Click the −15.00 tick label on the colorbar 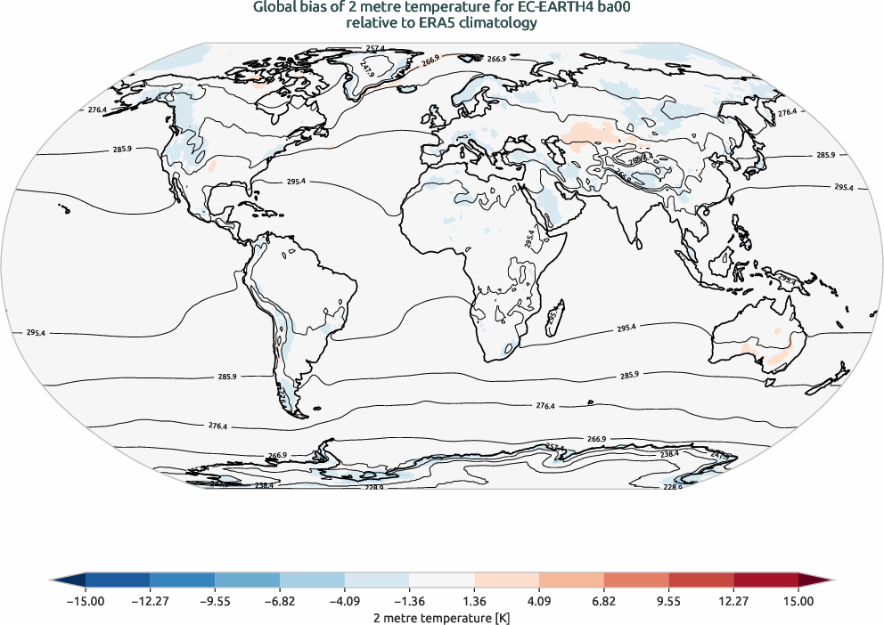click(86, 602)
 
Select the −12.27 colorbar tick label click(150, 602)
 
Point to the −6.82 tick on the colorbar click(280, 602)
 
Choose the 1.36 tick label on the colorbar click(474, 602)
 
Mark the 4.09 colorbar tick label click(539, 602)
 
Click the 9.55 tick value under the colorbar click(668, 602)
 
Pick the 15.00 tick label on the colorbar click(798, 602)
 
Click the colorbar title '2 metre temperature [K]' click(441, 617)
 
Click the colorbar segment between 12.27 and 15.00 click(765, 580)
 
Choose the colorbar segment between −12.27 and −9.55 click(182, 580)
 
